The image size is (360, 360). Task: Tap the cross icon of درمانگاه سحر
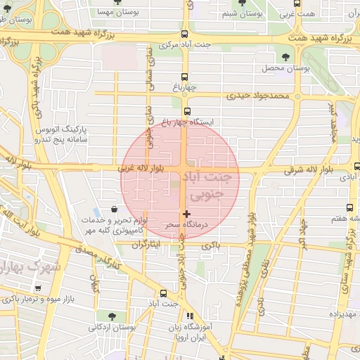tap(186, 213)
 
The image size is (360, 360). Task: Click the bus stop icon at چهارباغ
tap(185, 77)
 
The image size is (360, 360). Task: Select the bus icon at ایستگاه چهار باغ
tap(187, 111)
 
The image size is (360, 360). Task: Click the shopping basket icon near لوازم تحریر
tap(114, 209)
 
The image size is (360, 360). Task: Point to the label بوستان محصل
tap(286, 68)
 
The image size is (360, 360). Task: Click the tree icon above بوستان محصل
tap(285, 56)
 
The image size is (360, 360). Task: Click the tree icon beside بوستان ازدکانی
tap(112, 316)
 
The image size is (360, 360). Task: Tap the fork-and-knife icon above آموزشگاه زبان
tap(189, 316)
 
